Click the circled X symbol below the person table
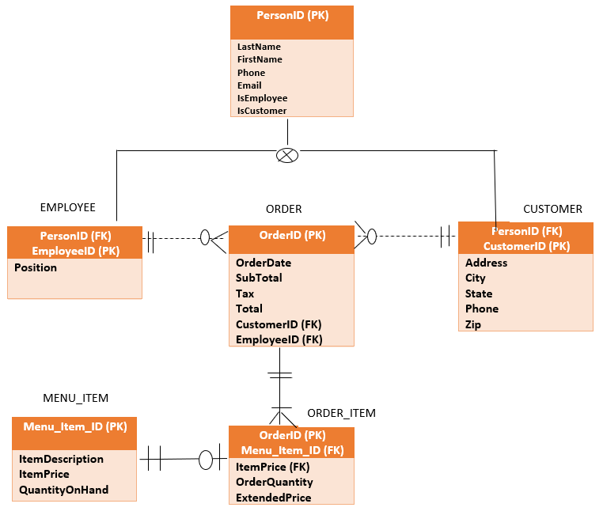[x=287, y=155]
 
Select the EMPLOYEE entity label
[x=67, y=207]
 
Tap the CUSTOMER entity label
[x=552, y=209]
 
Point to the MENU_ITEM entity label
[x=75, y=398]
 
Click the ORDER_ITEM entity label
[x=341, y=413]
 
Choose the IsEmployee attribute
[x=262, y=98]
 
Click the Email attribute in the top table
[x=249, y=85]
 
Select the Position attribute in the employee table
[x=36, y=267]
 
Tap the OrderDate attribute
[x=264, y=263]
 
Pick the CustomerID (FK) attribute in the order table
[x=279, y=324]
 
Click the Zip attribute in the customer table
[x=473, y=324]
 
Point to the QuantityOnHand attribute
[x=63, y=490]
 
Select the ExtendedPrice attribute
[x=273, y=498]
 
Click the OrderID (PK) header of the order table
[x=292, y=235]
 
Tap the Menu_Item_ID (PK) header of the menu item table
[x=74, y=426]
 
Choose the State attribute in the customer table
[x=479, y=293]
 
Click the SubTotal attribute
[x=259, y=278]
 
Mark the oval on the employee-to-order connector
[x=205, y=237]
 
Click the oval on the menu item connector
[x=206, y=459]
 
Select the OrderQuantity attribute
[x=274, y=482]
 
